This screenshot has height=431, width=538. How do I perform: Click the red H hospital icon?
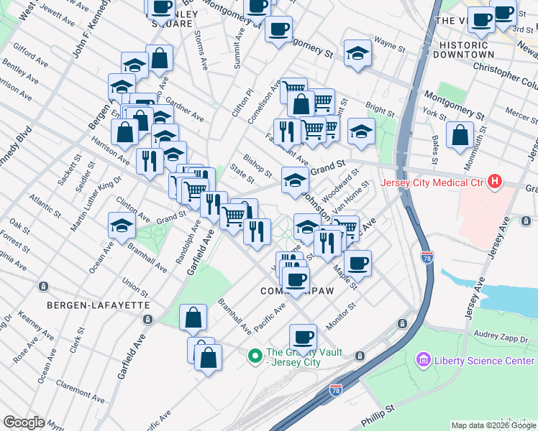pyautogui.click(x=494, y=182)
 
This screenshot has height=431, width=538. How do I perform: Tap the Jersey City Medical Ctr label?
pyautogui.click(x=439, y=182)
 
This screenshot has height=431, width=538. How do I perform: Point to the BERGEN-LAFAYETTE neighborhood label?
pyautogui.click(x=99, y=305)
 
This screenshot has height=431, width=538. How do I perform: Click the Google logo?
pyautogui.click(x=24, y=422)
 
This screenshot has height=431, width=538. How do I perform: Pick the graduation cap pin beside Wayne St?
pyautogui.click(x=357, y=52)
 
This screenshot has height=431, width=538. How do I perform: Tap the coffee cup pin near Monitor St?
pyautogui.click(x=304, y=336)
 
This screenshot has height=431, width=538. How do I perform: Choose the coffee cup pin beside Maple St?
pyautogui.click(x=357, y=262)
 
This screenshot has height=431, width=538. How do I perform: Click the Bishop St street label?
pyautogui.click(x=257, y=164)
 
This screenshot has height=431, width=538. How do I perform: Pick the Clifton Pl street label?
pyautogui.click(x=249, y=103)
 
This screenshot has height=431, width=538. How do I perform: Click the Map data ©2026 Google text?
pyautogui.click(x=493, y=425)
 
